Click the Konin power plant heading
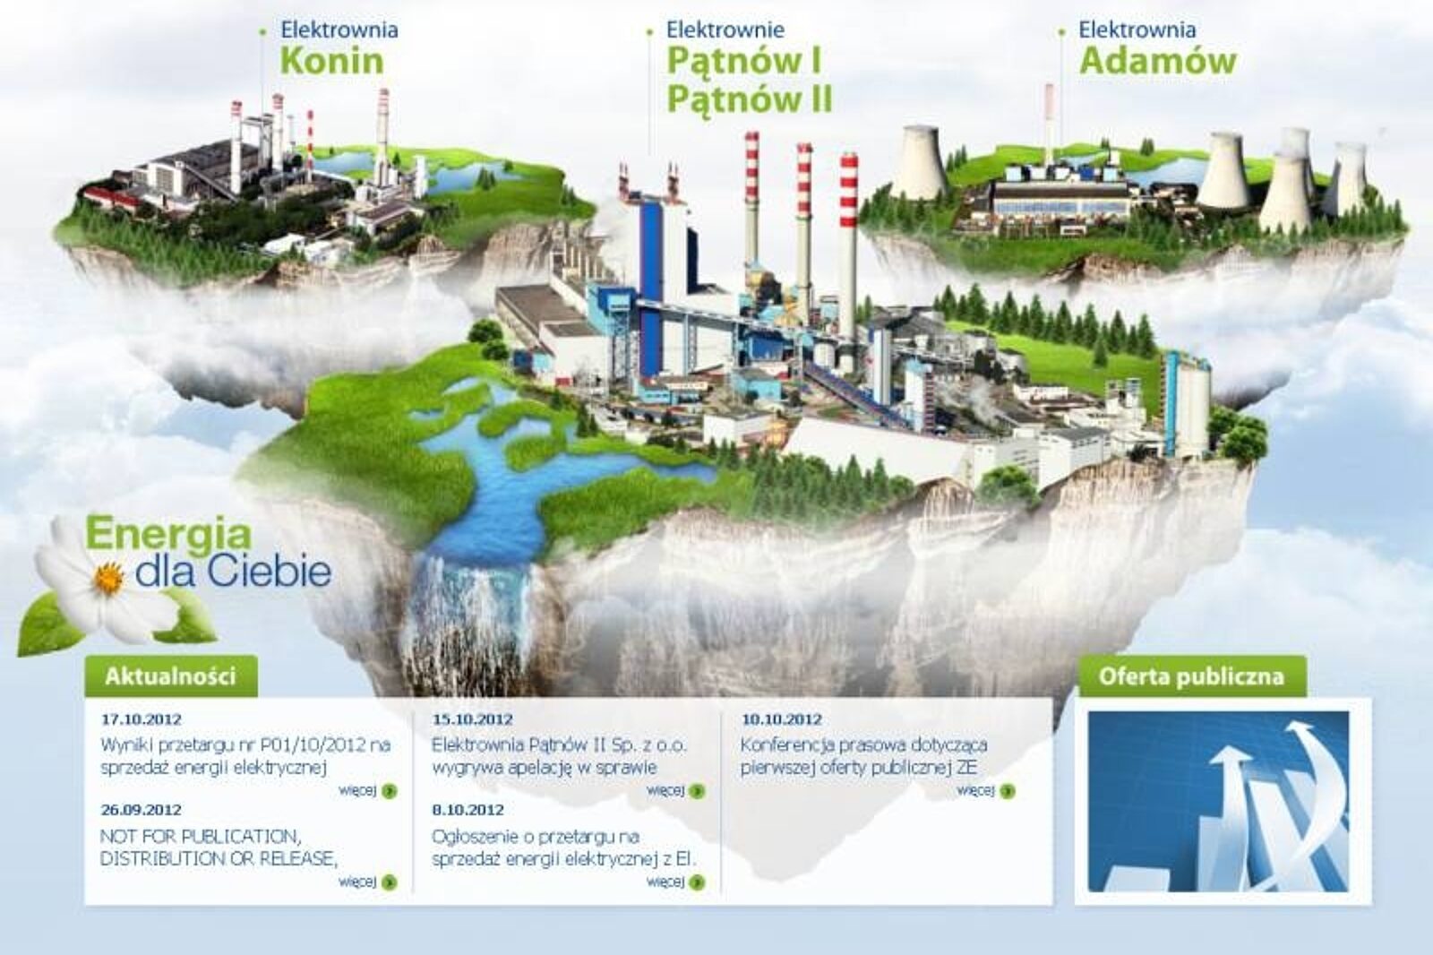[x=332, y=62]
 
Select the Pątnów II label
[x=750, y=99]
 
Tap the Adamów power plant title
[x=1158, y=62]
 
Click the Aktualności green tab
[x=171, y=675]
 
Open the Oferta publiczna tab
[x=1191, y=676]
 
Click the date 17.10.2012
[x=142, y=718]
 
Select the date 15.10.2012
[x=473, y=718]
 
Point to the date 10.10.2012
[x=782, y=718]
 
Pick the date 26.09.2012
[x=142, y=810]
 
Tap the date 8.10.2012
[x=468, y=810]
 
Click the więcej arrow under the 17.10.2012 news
[x=389, y=791]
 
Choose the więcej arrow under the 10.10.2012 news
[x=1008, y=791]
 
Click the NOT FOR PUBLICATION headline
[x=219, y=847]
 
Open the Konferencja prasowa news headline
[x=863, y=756]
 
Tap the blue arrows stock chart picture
[x=1219, y=801]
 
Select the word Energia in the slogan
[x=168, y=535]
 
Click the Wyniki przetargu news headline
[x=245, y=756]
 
